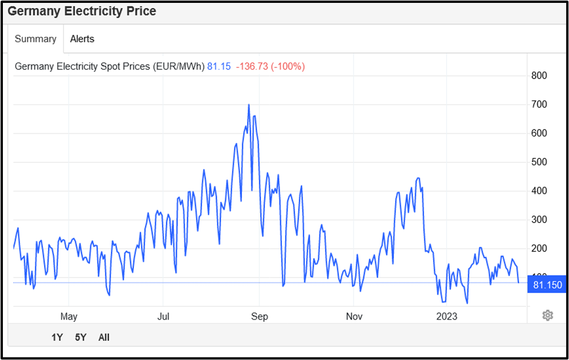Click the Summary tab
tap(35, 39)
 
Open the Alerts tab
tap(82, 39)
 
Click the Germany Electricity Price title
tap(81, 11)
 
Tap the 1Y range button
tap(57, 337)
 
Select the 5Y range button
tap(80, 337)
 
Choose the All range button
tap(104, 337)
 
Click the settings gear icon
tap(548, 315)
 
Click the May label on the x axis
tap(69, 316)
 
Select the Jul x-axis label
tap(163, 316)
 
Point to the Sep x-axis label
tap(259, 316)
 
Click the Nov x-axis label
tap(354, 316)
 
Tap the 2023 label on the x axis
tap(447, 316)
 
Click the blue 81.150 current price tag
tap(546, 285)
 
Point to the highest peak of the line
tap(248, 105)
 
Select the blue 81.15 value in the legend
tap(219, 66)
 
